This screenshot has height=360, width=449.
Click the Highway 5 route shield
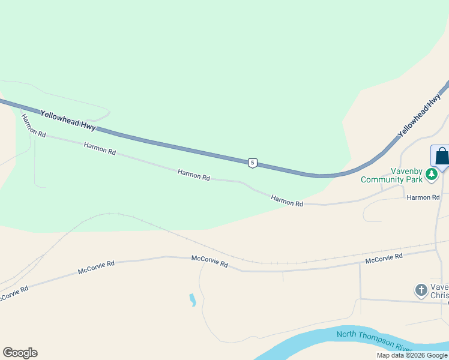click(253, 163)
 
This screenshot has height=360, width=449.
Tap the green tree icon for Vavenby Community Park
click(431, 175)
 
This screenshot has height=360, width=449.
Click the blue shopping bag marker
click(441, 157)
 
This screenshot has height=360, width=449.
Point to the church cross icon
click(421, 290)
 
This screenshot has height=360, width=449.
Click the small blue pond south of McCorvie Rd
click(192, 299)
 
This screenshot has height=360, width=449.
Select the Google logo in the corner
click(20, 353)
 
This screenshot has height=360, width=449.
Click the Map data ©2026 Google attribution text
click(412, 355)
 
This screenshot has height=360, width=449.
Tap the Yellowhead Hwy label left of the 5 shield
click(68, 120)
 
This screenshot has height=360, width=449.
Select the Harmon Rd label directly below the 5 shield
click(287, 201)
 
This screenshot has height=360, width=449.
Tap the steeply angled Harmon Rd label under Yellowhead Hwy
click(33, 125)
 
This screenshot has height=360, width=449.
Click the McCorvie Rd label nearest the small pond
click(209, 262)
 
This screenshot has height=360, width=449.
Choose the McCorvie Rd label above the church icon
click(384, 259)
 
